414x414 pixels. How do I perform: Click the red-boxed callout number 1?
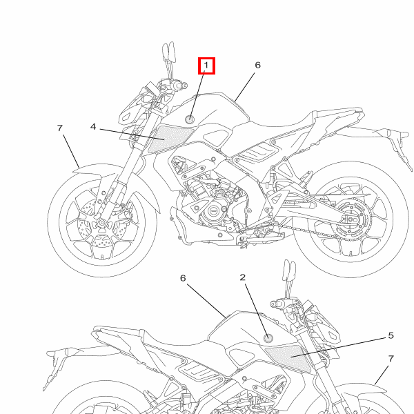(x=206, y=66)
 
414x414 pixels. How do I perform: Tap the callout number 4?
(x=93, y=127)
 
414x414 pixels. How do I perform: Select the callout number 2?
(x=243, y=277)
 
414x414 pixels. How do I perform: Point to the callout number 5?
(x=391, y=335)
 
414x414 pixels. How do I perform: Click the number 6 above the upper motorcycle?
(x=257, y=65)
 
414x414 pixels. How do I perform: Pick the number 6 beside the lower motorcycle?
(x=183, y=278)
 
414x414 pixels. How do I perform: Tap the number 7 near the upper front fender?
(x=60, y=128)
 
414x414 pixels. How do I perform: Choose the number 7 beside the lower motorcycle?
(x=391, y=359)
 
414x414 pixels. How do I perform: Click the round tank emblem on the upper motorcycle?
(x=190, y=119)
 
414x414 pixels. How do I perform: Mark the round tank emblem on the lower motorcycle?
(x=268, y=337)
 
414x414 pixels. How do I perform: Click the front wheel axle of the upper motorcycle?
(x=101, y=223)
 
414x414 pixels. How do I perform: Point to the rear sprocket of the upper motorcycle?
(x=351, y=219)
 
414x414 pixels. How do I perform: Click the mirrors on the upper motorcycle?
(x=169, y=52)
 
